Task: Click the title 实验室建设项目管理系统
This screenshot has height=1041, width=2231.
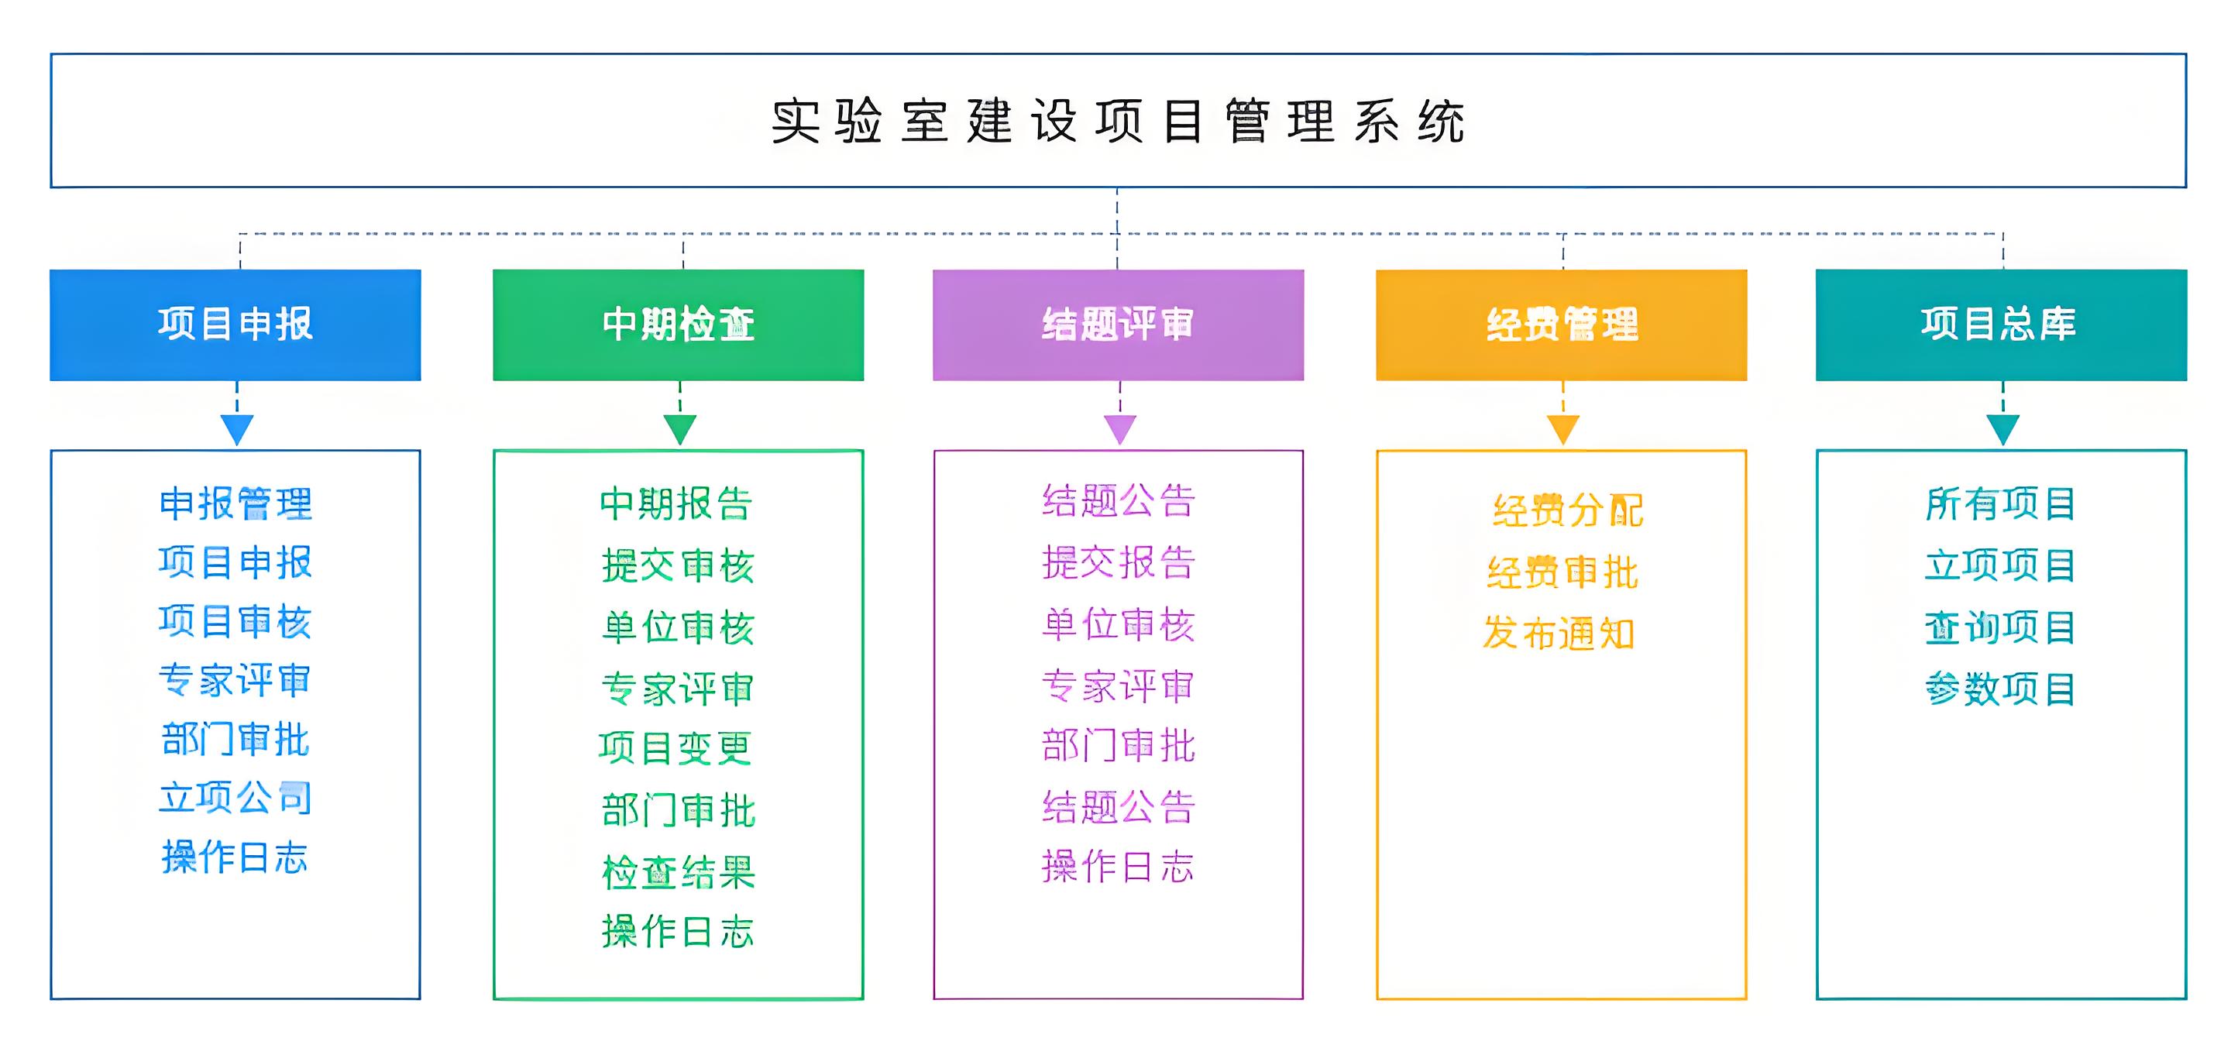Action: point(1117,122)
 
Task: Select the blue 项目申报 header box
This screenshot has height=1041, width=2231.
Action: point(235,325)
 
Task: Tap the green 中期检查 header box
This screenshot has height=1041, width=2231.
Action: point(678,325)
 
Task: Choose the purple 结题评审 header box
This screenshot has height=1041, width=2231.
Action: point(1117,325)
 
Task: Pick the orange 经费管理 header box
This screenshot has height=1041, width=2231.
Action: point(1562,325)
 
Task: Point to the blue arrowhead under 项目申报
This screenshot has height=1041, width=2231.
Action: point(236,428)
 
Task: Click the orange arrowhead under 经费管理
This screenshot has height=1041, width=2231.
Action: point(1562,428)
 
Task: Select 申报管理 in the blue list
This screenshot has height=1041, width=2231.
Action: point(235,504)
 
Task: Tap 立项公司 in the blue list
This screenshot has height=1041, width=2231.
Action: point(235,798)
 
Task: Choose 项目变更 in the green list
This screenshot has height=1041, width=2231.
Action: point(675,748)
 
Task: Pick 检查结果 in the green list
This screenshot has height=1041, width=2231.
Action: point(678,872)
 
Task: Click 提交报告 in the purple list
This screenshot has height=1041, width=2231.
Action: point(1118,563)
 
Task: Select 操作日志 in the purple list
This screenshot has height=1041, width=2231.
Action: point(1117,867)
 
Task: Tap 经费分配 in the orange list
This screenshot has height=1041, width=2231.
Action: point(1568,511)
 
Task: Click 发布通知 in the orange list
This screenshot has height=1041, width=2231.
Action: point(1559,634)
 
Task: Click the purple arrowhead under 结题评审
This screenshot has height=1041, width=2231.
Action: point(1120,428)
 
